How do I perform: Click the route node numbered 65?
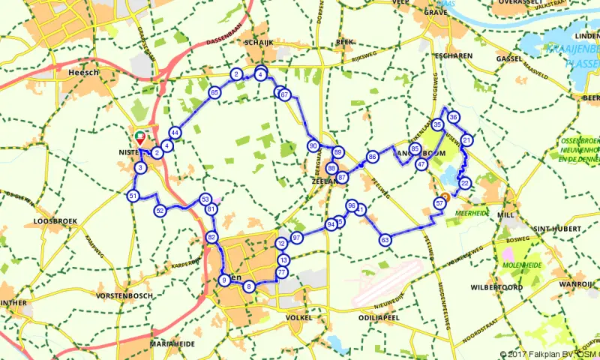tap(214, 92)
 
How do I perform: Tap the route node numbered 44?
tap(175, 133)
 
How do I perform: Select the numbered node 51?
tap(133, 196)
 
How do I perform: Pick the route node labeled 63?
tap(385, 240)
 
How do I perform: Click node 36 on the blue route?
tap(453, 118)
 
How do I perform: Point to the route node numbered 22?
tap(465, 183)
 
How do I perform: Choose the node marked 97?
tap(297, 237)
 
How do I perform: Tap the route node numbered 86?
tap(372, 157)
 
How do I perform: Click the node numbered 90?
tap(313, 145)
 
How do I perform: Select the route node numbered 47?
tap(421, 164)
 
